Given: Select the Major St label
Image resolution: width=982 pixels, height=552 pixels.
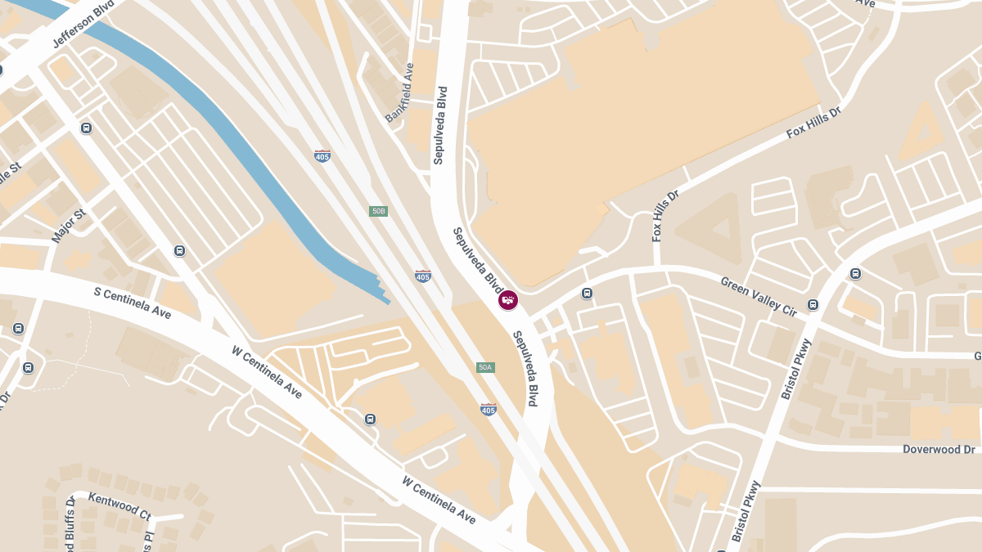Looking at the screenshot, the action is (69, 227).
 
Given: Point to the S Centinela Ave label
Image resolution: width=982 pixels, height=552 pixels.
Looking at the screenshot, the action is (133, 303).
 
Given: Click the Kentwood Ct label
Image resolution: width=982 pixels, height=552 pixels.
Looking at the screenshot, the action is (119, 506).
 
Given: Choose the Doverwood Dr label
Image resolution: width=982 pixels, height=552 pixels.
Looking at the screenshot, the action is (939, 450).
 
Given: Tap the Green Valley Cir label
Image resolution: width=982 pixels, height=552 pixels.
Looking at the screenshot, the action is (759, 296).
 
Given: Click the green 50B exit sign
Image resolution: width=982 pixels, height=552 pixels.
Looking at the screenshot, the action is (378, 211).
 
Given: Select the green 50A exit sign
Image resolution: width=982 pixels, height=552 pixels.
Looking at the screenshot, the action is (485, 367).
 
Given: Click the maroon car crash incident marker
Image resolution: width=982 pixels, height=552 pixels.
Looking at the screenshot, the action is (508, 300).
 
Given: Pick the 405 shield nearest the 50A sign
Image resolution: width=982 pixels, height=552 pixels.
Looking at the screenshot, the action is (489, 409).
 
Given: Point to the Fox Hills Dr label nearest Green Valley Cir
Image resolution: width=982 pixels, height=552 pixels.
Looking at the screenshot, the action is (665, 217).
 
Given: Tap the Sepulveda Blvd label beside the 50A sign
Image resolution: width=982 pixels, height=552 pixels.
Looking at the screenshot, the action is (525, 369).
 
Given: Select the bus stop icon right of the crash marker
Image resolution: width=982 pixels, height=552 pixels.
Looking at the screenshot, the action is (587, 293).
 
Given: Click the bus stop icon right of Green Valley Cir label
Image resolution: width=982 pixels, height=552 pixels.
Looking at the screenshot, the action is (813, 304).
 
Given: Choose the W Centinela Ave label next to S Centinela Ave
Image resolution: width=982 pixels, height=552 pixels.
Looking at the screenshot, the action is (267, 372).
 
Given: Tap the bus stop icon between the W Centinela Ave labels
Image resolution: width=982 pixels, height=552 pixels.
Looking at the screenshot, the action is (370, 419).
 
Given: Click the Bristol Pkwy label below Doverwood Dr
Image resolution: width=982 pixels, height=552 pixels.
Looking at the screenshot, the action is (747, 512).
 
